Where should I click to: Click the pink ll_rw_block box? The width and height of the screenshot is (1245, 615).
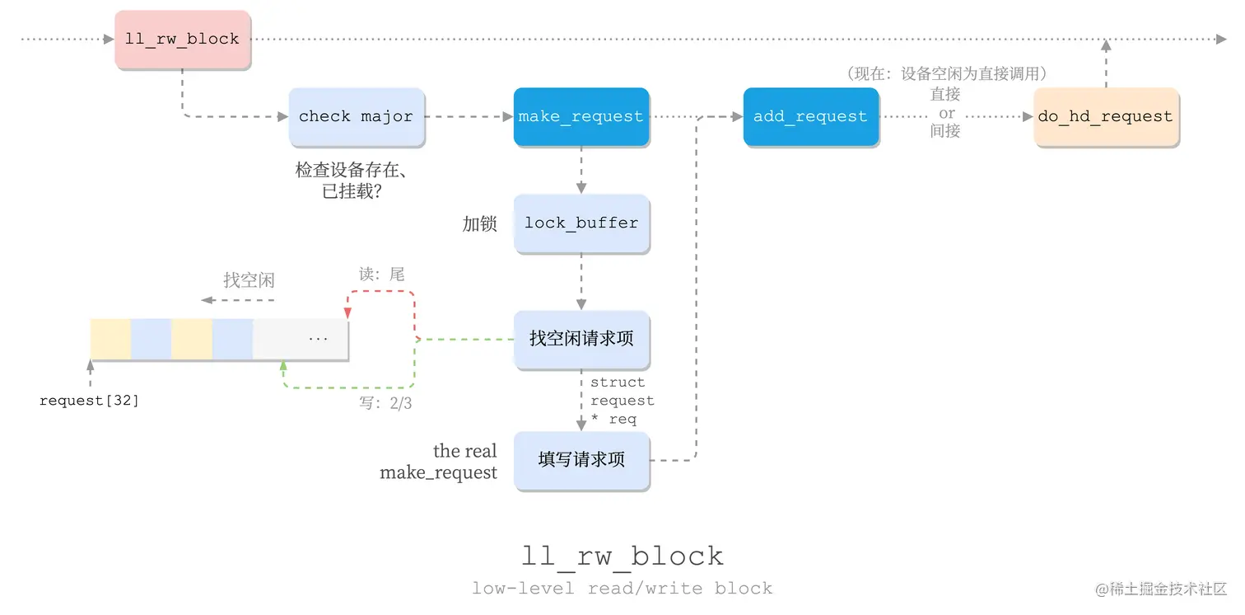[x=182, y=40]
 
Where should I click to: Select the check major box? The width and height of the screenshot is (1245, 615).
[x=356, y=117]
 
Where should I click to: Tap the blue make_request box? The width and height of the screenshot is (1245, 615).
[x=581, y=117]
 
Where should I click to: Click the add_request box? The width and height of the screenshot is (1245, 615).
[x=810, y=117]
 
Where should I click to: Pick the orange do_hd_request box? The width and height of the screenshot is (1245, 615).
[x=1105, y=117]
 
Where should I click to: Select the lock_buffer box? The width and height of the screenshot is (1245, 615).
[x=581, y=223]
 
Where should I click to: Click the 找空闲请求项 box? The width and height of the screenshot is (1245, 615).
[x=581, y=339]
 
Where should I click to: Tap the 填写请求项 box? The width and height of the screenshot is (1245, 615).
[x=581, y=460]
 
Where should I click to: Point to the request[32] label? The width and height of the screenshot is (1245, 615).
[x=90, y=401]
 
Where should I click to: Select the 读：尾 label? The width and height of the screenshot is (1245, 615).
[x=382, y=275]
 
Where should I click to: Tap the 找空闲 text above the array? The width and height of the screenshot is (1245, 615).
[x=249, y=280]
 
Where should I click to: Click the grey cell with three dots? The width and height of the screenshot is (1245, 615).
[x=301, y=339]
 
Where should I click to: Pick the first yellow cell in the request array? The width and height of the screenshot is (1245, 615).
[x=110, y=339]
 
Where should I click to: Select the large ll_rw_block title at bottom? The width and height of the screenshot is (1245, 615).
[x=622, y=556]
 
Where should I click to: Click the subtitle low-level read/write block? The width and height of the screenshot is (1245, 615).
[x=622, y=589]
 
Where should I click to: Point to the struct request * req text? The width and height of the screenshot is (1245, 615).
[x=622, y=401]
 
